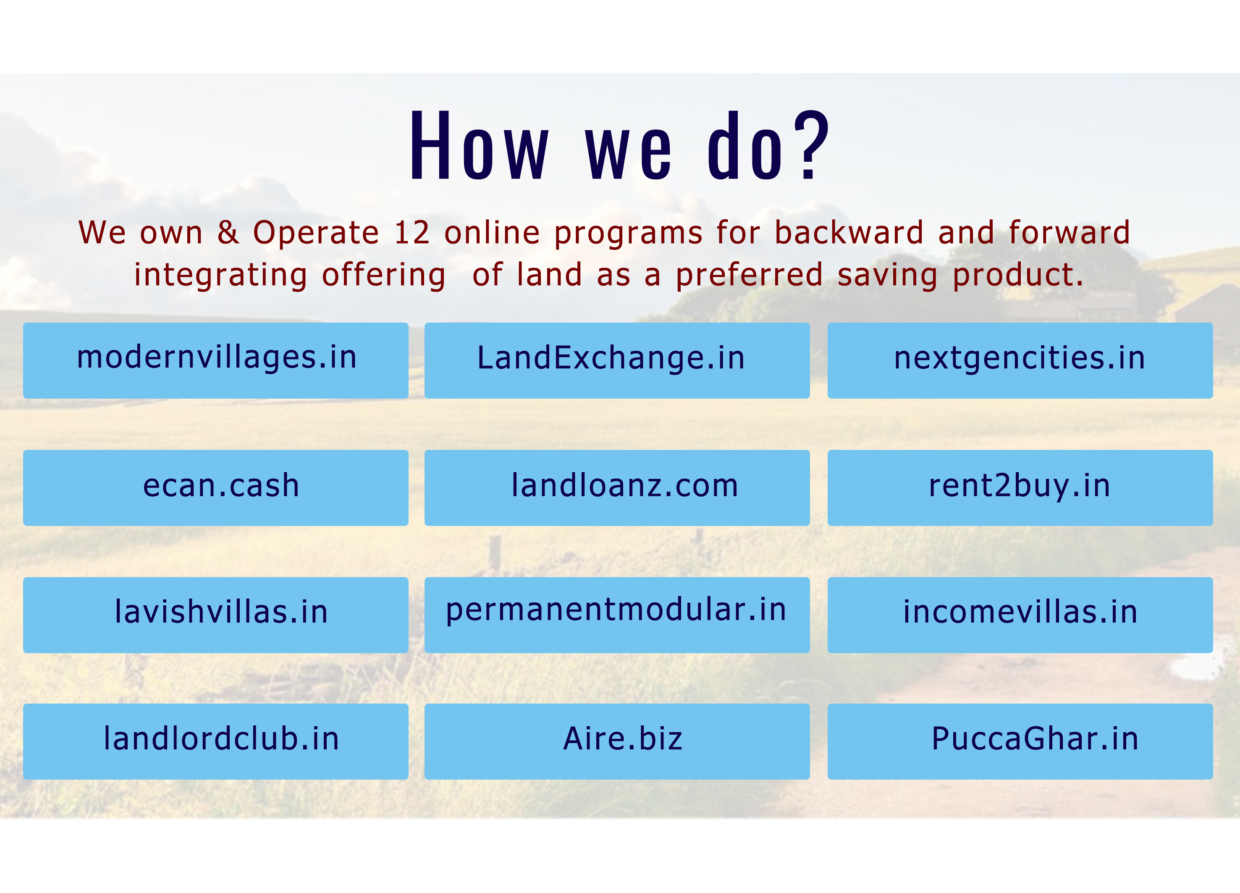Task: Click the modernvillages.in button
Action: pos(215,360)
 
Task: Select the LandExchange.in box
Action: pos(617,360)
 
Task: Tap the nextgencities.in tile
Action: pos(1020,360)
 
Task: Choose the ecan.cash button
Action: pos(215,488)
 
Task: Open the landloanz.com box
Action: pos(617,488)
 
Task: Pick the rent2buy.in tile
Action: pos(1020,488)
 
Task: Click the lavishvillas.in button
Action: pos(215,615)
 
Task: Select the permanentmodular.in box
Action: pos(617,615)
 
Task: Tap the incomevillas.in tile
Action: pos(1020,615)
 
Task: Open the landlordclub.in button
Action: pos(215,741)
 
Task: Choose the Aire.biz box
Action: pos(617,741)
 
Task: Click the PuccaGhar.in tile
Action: pos(1020,741)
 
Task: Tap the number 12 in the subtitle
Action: pos(412,233)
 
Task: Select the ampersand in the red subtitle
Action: pos(228,233)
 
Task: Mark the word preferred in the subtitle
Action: pos(749,276)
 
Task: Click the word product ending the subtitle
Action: pos(1018,276)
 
